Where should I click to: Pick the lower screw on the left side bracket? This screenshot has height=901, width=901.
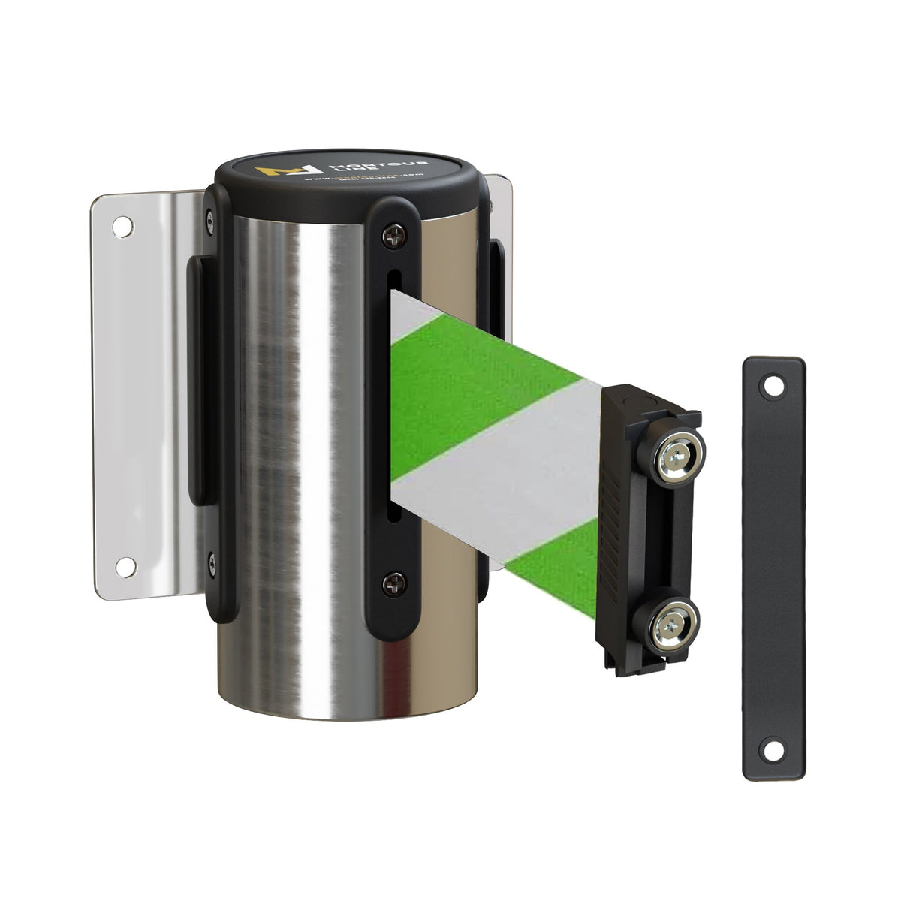(x=211, y=558)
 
